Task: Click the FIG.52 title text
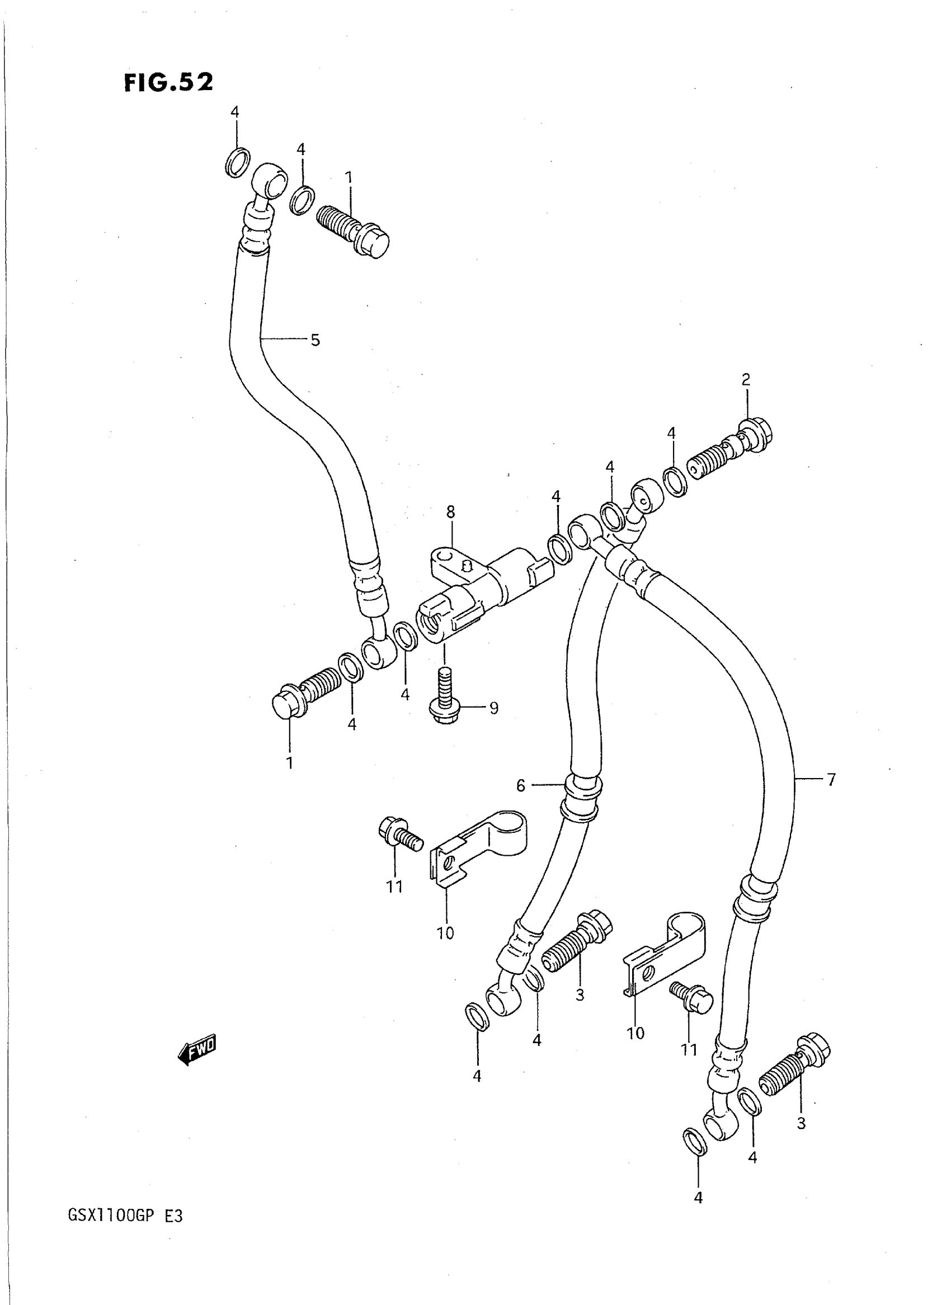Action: pyautogui.click(x=168, y=82)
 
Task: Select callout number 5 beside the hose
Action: pyautogui.click(x=315, y=340)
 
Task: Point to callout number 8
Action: pyautogui.click(x=450, y=511)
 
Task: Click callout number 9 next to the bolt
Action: pyautogui.click(x=493, y=708)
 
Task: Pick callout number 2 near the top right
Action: pyautogui.click(x=746, y=379)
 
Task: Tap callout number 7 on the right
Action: pyautogui.click(x=831, y=780)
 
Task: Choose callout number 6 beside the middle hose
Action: pyautogui.click(x=520, y=785)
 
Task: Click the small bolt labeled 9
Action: pyautogui.click(x=444, y=697)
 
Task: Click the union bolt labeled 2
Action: pyautogui.click(x=728, y=449)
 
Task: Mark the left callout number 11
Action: pyautogui.click(x=394, y=887)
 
